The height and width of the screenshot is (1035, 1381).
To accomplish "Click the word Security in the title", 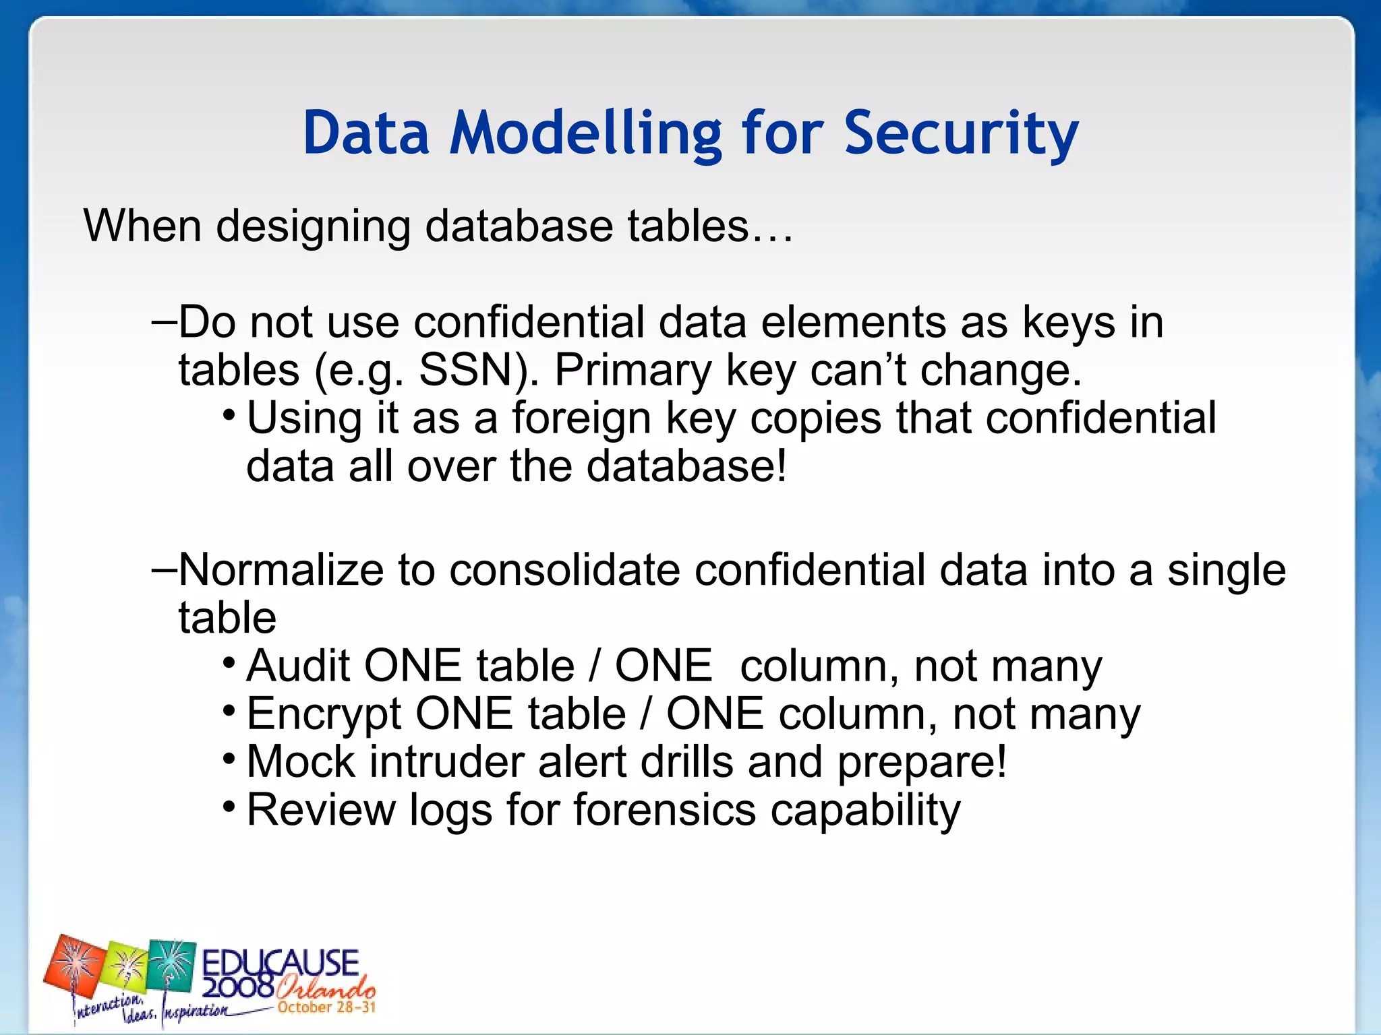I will [961, 133].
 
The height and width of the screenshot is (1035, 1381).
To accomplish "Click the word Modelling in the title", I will [586, 133].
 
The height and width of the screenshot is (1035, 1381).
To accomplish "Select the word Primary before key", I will [633, 371].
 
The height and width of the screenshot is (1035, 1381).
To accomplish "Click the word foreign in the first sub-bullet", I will [581, 418].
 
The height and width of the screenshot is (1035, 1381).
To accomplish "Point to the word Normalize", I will [281, 570].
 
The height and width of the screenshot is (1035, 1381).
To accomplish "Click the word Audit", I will [298, 666].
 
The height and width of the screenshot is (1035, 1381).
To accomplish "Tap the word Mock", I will [301, 762].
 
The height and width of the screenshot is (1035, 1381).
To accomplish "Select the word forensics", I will [665, 810].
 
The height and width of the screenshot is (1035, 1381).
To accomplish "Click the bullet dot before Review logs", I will [229, 806].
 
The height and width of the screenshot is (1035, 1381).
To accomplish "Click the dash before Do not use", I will [164, 322].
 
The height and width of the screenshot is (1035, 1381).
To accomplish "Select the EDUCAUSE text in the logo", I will [280, 962].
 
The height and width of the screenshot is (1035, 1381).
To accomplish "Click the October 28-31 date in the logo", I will [326, 1007].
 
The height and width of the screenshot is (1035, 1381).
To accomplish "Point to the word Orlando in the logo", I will [325, 989].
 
